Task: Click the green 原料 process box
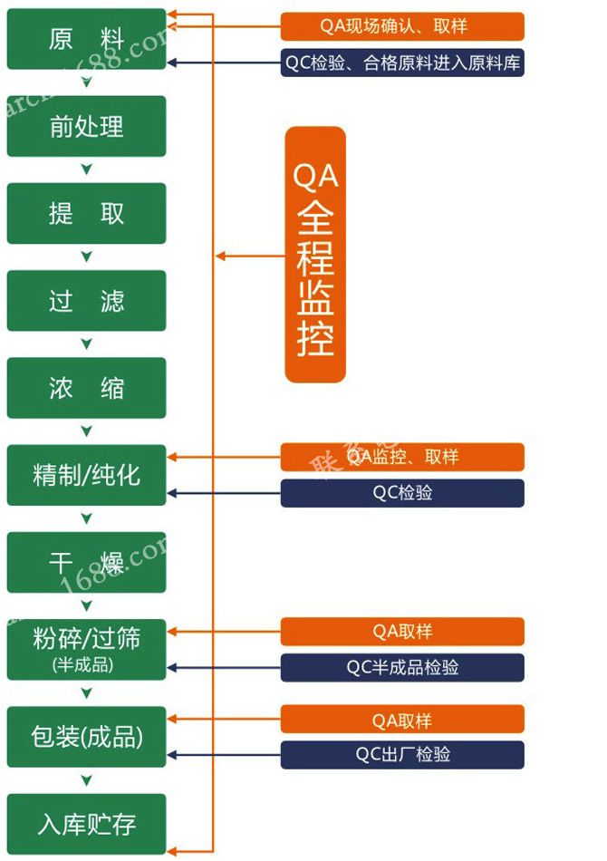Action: click(87, 39)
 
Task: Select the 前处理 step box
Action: click(87, 126)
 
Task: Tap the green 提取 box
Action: click(87, 213)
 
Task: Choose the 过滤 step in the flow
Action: click(87, 300)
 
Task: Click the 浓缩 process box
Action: click(87, 388)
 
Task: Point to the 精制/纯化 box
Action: click(87, 475)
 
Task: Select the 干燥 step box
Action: click(87, 562)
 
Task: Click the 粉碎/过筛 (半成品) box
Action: click(87, 649)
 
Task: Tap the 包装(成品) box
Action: click(87, 737)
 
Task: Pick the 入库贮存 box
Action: click(87, 824)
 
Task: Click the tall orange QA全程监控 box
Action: click(315, 255)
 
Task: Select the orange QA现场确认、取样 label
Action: click(402, 26)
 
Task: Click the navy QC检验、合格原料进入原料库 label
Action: click(402, 63)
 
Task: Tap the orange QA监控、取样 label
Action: click(402, 457)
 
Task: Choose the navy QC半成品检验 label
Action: click(402, 668)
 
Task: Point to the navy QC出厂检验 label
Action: click(402, 755)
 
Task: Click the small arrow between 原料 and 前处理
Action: click(87, 82)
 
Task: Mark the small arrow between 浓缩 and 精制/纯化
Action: click(87, 431)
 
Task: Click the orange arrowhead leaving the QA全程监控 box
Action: click(220, 256)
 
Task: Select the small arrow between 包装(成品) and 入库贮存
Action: click(87, 780)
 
